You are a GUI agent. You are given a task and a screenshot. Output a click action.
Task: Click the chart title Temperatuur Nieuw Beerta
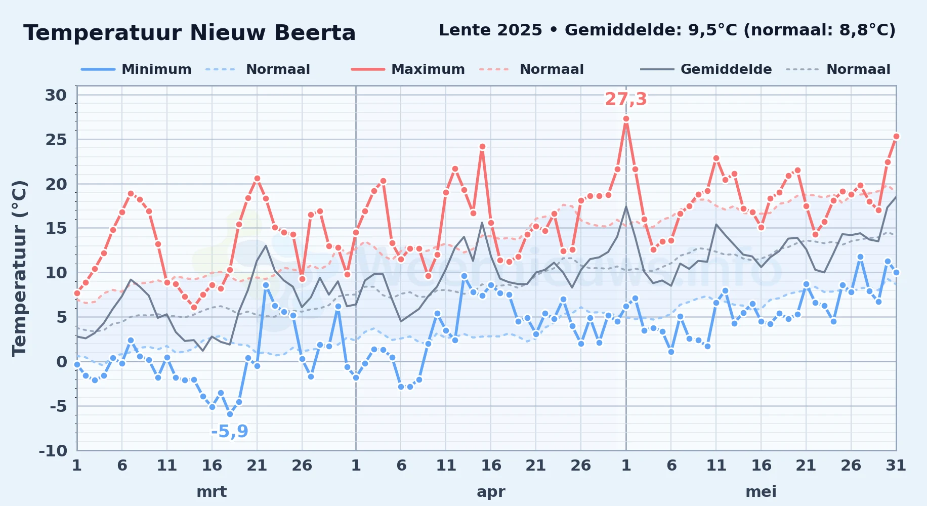[x=190, y=33]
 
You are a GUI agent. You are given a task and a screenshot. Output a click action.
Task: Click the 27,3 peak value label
[x=626, y=99]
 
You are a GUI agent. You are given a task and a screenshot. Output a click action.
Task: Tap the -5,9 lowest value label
[x=230, y=431]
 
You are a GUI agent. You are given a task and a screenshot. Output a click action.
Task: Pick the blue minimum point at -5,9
[x=230, y=414]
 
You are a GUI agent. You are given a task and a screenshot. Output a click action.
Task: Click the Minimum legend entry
[x=137, y=69]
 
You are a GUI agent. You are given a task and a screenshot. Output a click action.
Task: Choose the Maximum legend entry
[x=408, y=69]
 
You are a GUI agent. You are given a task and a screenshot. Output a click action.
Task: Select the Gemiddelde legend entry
[x=706, y=69]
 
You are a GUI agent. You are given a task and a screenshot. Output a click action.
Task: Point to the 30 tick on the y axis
[x=56, y=95]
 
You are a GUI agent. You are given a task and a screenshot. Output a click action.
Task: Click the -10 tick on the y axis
[x=53, y=450]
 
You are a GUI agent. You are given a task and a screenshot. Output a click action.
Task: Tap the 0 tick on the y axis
[x=62, y=361]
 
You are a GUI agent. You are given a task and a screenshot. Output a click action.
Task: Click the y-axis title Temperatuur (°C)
[x=19, y=269]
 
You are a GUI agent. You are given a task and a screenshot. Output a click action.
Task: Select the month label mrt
[x=212, y=492]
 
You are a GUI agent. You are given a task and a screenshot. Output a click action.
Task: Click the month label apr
[x=491, y=492]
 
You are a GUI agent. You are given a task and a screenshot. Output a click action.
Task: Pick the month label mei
[x=761, y=492]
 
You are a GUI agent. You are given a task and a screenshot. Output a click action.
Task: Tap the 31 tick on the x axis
[x=896, y=466]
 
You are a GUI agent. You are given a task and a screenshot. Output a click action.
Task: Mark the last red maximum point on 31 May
[x=896, y=136]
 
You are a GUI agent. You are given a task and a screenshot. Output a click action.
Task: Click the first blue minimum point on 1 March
[x=77, y=364]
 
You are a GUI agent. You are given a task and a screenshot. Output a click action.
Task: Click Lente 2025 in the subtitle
[x=491, y=30]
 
